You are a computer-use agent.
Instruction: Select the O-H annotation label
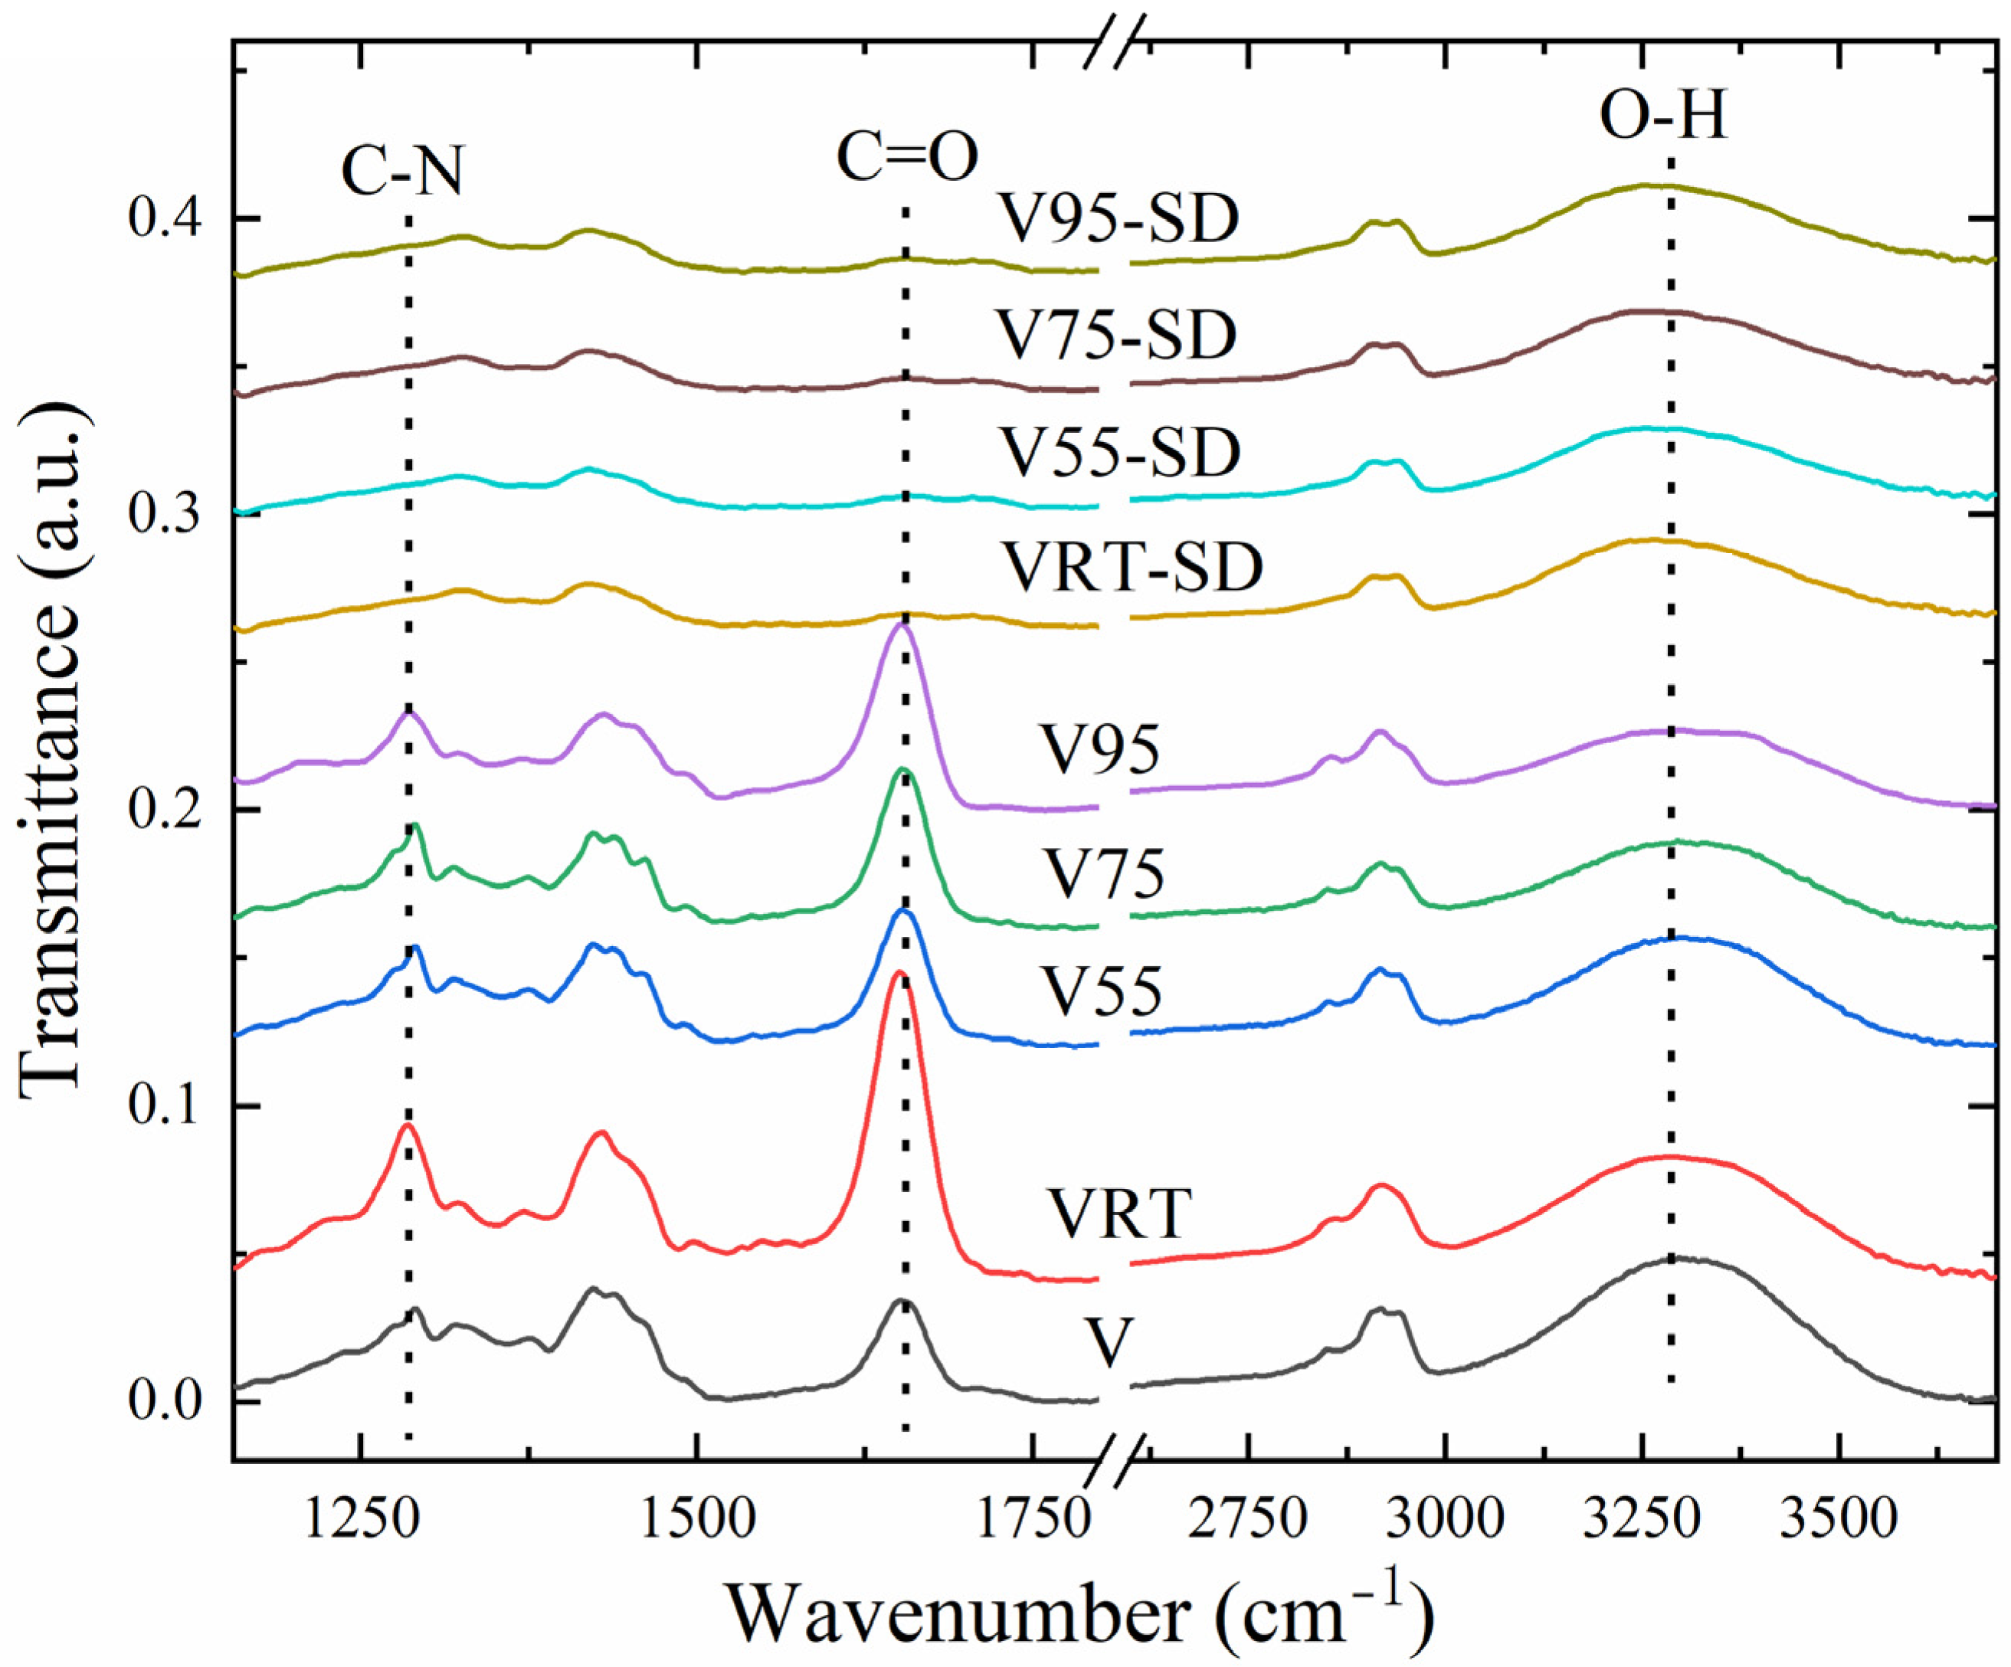1664,119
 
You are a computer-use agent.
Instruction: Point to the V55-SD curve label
1118,452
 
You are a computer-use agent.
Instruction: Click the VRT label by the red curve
1118,1215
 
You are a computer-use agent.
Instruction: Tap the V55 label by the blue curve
1102,991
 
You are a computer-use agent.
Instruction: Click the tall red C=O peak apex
897,973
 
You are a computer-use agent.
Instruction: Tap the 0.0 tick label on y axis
164,1402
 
